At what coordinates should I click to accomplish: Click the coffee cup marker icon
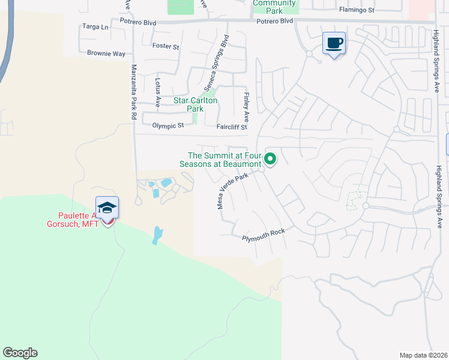click(334, 43)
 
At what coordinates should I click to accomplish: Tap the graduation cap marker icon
click(107, 208)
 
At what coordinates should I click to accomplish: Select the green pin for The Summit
click(270, 159)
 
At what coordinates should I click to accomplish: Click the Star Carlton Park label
click(194, 105)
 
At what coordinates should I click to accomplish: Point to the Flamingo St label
click(357, 10)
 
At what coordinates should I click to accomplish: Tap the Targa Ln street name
click(96, 27)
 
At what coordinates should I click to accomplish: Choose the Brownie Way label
click(106, 53)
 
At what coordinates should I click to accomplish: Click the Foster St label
click(166, 46)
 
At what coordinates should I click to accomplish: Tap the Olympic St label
click(167, 126)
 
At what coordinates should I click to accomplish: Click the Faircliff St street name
click(232, 127)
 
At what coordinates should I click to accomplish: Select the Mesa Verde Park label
click(232, 191)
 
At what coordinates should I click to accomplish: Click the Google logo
click(20, 353)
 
